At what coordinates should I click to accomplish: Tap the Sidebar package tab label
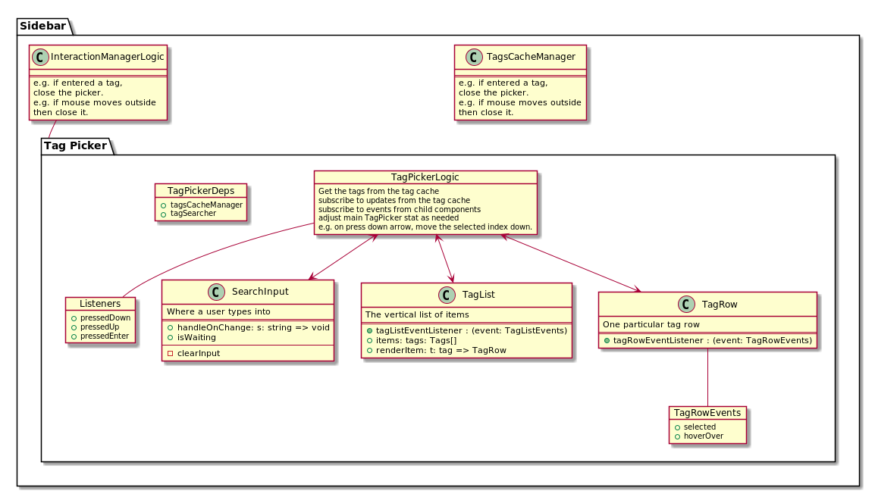[42, 26]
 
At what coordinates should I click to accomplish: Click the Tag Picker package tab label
[76, 145]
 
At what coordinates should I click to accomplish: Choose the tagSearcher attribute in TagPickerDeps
[193, 214]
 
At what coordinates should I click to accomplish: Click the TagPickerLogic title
[425, 177]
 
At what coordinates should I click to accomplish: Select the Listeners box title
[100, 304]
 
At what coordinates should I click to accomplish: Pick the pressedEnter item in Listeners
[105, 336]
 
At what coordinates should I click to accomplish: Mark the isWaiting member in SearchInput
[185, 337]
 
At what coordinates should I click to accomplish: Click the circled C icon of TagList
[447, 295]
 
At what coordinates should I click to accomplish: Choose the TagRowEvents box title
[707, 413]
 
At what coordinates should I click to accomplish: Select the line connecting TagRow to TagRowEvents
[707, 377]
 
